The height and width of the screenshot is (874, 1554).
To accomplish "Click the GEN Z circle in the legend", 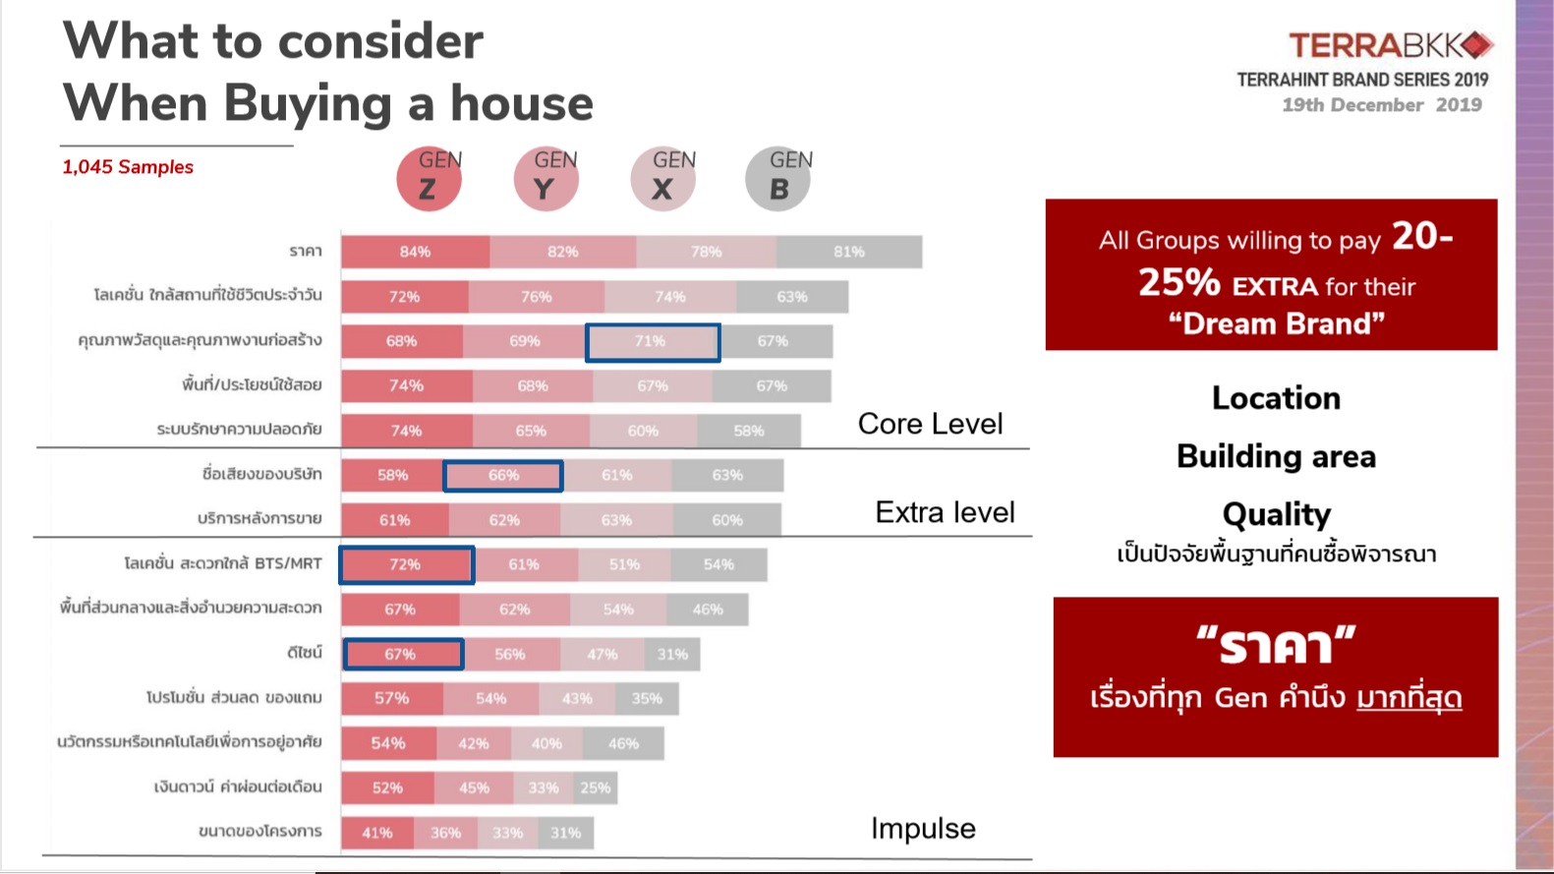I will pyautogui.click(x=429, y=180).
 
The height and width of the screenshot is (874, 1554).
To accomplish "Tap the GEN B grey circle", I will pyautogui.click(x=777, y=180).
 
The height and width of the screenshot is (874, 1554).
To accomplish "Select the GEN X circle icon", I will pyautogui.click(x=662, y=180).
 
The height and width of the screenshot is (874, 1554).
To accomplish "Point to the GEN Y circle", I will pyautogui.click(x=546, y=180).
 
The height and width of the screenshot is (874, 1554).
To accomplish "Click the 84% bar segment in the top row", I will pyautogui.click(x=415, y=252).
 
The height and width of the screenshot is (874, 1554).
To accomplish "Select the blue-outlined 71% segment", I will pyautogui.click(x=653, y=342).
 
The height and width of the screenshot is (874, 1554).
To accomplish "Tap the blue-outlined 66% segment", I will pyautogui.click(x=503, y=476).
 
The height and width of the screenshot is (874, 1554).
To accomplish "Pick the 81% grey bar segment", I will pyautogui.click(x=849, y=252).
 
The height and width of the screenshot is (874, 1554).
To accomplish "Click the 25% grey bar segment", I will pyautogui.click(x=596, y=787).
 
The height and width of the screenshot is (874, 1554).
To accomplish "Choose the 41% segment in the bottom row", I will pyautogui.click(x=377, y=833).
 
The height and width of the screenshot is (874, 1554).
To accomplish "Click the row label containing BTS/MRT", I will pyautogui.click(x=223, y=563).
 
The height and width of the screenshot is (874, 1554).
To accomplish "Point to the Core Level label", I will pyautogui.click(x=930, y=424).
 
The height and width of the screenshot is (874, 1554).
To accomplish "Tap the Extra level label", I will pyautogui.click(x=945, y=512).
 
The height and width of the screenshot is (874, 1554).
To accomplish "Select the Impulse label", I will pyautogui.click(x=923, y=829).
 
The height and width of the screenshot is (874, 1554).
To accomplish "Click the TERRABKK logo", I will pyautogui.click(x=1390, y=45).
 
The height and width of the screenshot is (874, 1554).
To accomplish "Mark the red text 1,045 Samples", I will pyautogui.click(x=128, y=167).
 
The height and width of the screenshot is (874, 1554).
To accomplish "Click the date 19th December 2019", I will pyautogui.click(x=1381, y=105).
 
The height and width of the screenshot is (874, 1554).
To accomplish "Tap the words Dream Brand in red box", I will pyautogui.click(x=1276, y=323).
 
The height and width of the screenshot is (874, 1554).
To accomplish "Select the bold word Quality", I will pyautogui.click(x=1276, y=514).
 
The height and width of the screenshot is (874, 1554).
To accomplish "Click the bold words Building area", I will pyautogui.click(x=1276, y=456).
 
